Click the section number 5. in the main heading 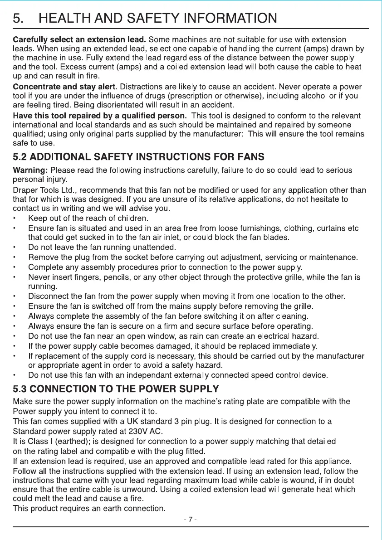pyautogui.click(x=19, y=19)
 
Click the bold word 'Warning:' pyautogui.click(x=30, y=170)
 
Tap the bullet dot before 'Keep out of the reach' pyautogui.click(x=15, y=219)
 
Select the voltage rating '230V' pyautogui.click(x=128, y=430)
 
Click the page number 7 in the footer pyautogui.click(x=191, y=519)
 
